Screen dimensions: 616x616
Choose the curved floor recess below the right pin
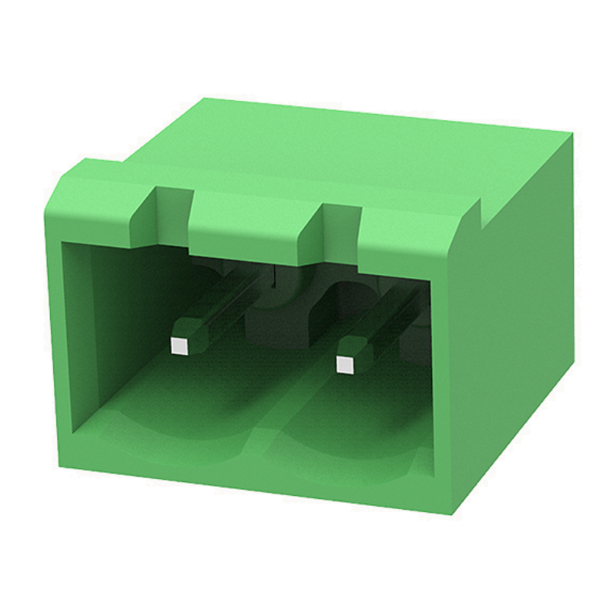click(x=346, y=447)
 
